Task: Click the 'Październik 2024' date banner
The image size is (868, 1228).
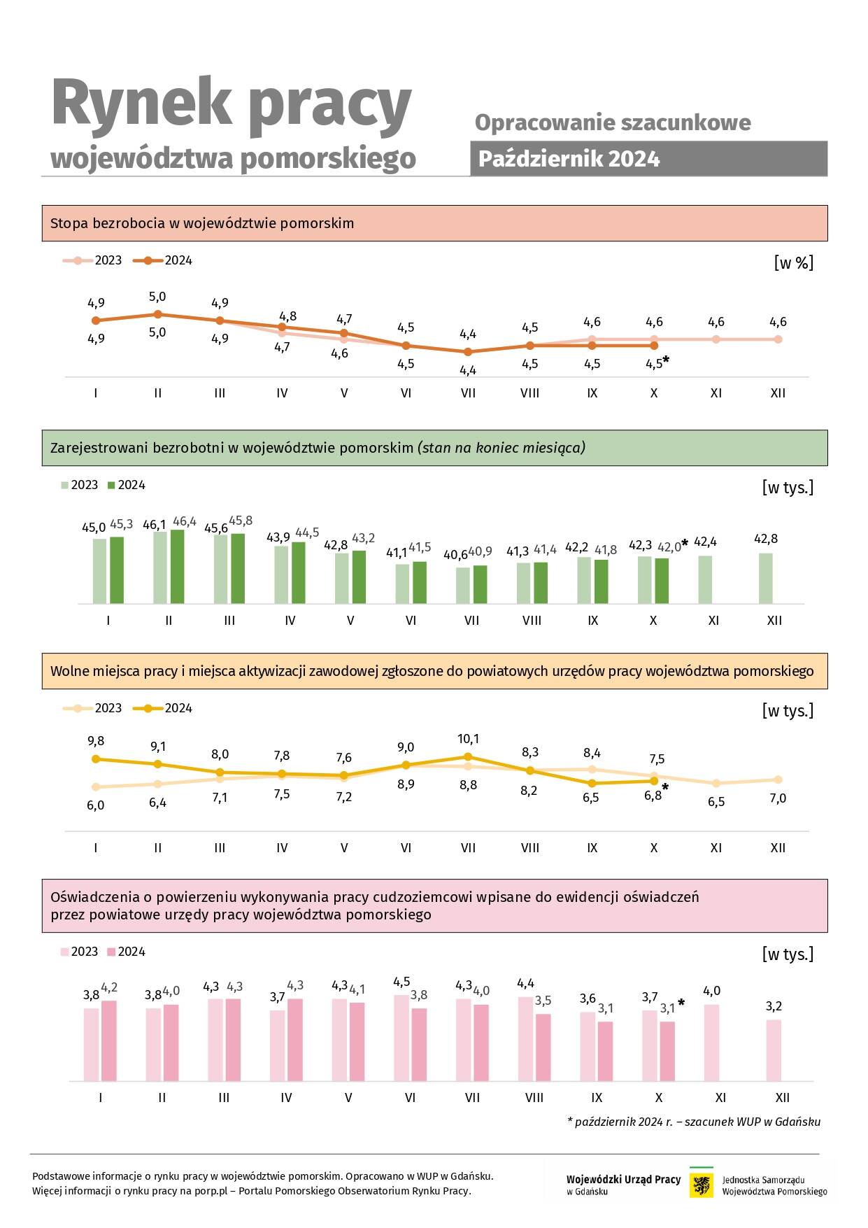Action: [x=648, y=159]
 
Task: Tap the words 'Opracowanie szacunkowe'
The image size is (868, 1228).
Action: [x=613, y=122]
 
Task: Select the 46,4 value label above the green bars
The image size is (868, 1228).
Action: [x=185, y=521]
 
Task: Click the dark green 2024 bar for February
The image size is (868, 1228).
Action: [x=177, y=567]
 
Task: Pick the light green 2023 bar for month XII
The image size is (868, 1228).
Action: [x=766, y=579]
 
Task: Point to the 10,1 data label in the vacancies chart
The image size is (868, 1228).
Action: [x=468, y=739]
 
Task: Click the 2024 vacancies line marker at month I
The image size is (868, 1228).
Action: [x=96, y=758]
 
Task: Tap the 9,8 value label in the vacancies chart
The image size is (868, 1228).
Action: [x=96, y=741]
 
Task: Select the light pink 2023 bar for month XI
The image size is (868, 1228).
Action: [x=711, y=1043]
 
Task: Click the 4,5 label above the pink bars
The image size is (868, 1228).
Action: [x=401, y=982]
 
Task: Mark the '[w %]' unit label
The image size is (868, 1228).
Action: [x=793, y=263]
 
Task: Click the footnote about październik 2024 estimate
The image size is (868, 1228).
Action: [x=694, y=1122]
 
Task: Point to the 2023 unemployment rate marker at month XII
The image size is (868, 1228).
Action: [x=778, y=339]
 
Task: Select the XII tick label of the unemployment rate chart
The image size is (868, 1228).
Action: [x=778, y=393]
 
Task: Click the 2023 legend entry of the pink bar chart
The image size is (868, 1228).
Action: [x=79, y=952]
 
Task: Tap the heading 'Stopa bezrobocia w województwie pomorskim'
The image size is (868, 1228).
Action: [x=202, y=223]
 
